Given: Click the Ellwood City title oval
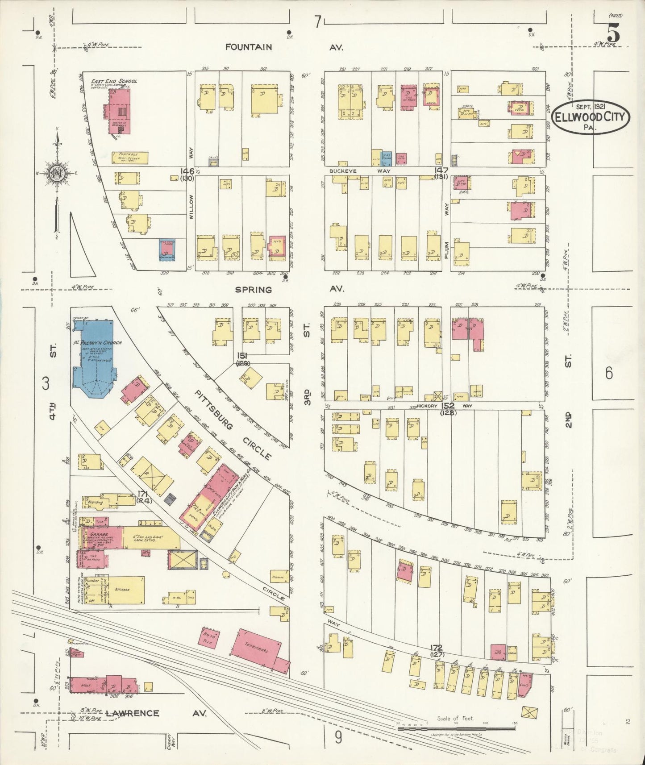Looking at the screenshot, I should pyautogui.click(x=591, y=116).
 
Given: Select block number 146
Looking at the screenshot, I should pyautogui.click(x=187, y=171).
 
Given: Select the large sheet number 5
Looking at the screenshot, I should pyautogui.click(x=613, y=33).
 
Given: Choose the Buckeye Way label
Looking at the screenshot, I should pyautogui.click(x=360, y=171).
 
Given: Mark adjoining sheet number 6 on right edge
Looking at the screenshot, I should pyautogui.click(x=609, y=374).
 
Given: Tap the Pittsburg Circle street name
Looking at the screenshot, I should pyautogui.click(x=233, y=424).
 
